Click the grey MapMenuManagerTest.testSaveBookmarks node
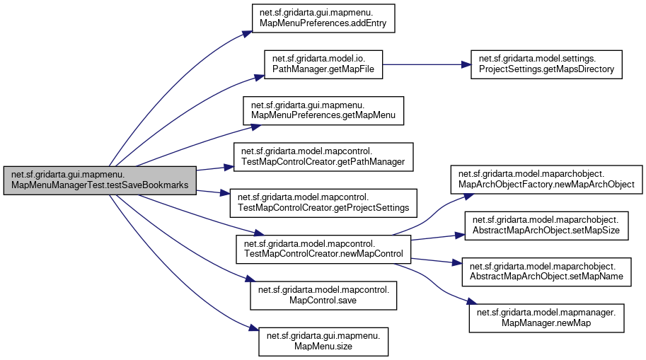click(99, 180)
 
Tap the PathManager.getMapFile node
click(323, 64)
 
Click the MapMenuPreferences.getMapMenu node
click(323, 110)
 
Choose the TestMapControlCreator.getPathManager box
click(323, 156)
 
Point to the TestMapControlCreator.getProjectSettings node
click(323, 202)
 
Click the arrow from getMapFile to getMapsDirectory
click(425, 64)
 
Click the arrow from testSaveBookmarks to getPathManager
click(212, 168)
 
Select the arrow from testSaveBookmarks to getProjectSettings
click(212, 192)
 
